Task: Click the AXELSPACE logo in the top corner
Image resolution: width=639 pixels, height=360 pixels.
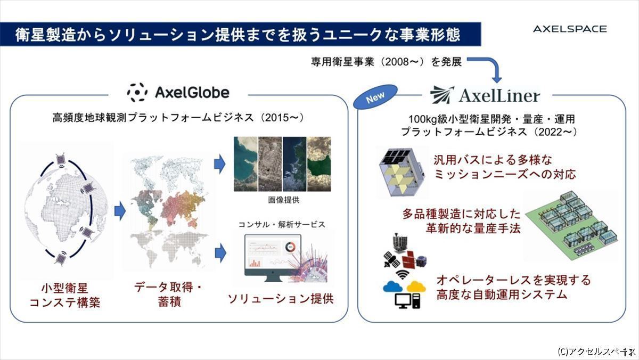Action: point(570,29)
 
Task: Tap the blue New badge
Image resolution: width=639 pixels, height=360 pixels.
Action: point(375,97)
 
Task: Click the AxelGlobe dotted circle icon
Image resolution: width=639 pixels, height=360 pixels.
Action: point(137,93)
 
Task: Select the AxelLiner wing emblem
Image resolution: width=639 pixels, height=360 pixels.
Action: point(442,95)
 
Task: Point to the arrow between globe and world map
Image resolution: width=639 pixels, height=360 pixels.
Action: point(120,211)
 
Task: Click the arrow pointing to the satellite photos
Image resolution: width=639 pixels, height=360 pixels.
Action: point(219,164)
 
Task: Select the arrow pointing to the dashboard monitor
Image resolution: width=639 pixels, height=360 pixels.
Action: point(220,253)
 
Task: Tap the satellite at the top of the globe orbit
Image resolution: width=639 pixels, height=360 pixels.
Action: point(61,159)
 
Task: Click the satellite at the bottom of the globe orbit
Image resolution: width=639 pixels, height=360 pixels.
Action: point(61,259)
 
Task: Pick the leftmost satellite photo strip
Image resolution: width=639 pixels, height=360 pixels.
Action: point(245,164)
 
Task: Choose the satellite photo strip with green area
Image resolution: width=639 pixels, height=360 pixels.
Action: point(319,164)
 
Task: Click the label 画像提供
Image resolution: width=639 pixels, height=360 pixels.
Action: point(283,200)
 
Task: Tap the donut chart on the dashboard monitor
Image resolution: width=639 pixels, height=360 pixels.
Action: point(290,247)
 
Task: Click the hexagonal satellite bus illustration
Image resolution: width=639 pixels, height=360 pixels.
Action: point(402,172)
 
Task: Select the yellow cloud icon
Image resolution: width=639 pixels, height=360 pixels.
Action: point(416,287)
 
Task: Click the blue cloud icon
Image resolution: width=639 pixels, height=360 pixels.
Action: point(392,287)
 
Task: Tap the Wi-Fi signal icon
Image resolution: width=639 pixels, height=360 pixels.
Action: point(403,275)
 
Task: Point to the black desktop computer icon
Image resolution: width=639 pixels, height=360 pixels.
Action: point(408,301)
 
